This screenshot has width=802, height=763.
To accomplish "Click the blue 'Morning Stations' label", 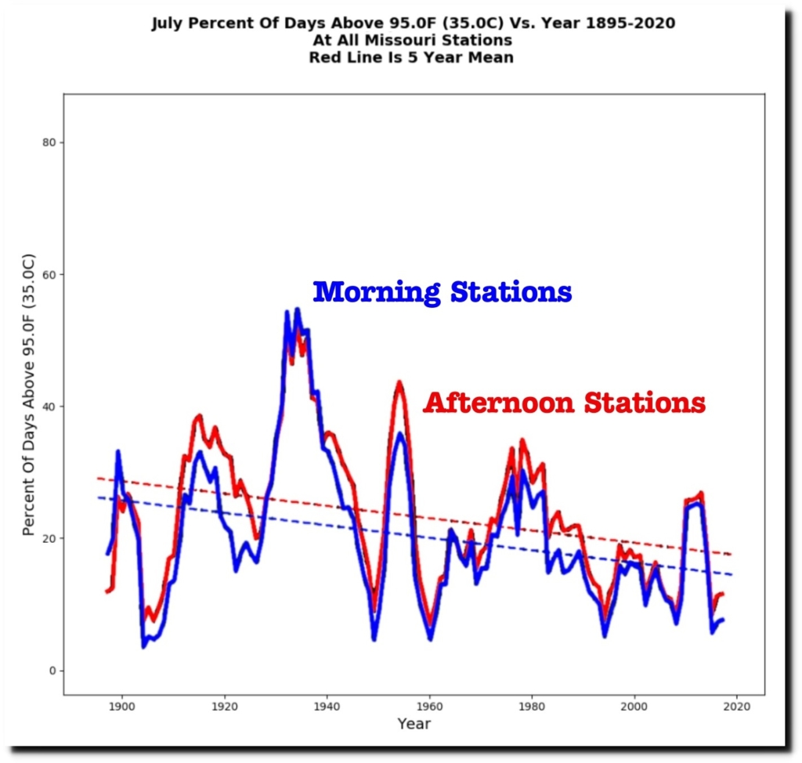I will coord(443,292).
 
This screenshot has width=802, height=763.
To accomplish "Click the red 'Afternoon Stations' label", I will coord(564,403).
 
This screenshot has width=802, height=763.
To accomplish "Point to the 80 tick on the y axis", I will coord(48,143).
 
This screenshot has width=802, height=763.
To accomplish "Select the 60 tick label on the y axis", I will coord(48,275).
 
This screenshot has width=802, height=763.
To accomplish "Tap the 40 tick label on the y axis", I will coord(48,407).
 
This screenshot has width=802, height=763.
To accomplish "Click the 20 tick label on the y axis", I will coord(48,539).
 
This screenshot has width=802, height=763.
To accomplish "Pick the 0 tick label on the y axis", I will coord(52,671).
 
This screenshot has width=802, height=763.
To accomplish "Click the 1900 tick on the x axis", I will coord(121,707).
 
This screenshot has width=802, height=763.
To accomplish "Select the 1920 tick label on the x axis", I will coord(224,707).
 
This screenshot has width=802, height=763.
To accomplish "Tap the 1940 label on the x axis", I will coord(327,707).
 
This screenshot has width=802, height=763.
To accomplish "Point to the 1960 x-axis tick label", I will coord(429,707).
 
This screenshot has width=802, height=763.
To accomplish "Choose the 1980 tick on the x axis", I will coord(532,707).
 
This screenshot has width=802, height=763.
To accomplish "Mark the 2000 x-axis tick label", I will coord(634,707).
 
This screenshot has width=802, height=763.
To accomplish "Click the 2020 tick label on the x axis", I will coord(737,707).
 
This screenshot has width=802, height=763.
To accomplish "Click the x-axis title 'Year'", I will coord(414,724).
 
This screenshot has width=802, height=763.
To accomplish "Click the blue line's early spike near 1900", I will coord(118,451).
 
